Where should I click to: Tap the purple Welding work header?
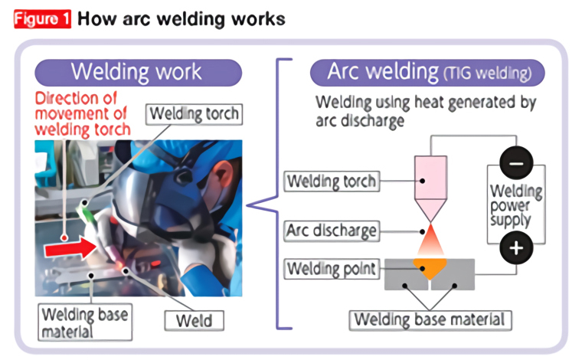pos(137,72)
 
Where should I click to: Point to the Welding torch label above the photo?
pos(194,115)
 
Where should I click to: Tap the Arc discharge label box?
pos(332,230)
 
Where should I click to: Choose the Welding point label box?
pos(331,270)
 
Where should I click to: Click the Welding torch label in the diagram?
pos(331,182)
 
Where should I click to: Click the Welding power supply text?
pos(516,206)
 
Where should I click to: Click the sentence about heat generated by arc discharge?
pos(426,111)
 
